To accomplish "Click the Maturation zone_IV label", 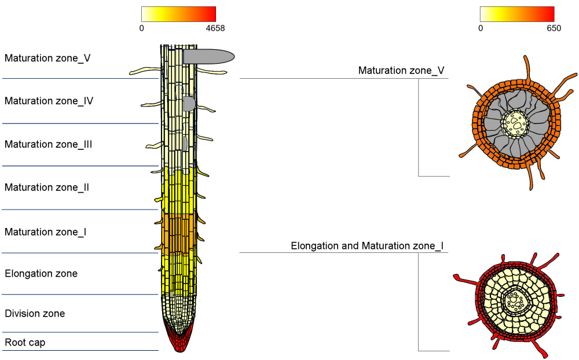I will click(x=49, y=101).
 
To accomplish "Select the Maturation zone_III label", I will click(x=48, y=144).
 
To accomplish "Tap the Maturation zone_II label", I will click(x=46, y=188).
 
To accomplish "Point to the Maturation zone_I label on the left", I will click(x=45, y=232).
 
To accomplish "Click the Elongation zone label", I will click(x=41, y=273).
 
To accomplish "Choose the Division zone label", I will click(x=35, y=314).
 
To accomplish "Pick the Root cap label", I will click(x=25, y=343).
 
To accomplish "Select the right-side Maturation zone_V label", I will click(x=401, y=71).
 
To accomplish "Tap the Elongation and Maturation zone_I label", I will click(x=367, y=246).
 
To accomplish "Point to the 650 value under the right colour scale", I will click(x=554, y=28).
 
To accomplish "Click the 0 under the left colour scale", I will click(x=142, y=28).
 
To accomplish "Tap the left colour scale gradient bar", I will click(x=178, y=14).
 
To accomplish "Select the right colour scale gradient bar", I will click(x=517, y=14).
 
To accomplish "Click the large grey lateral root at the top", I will click(x=208, y=56).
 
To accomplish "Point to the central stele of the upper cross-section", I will click(x=514, y=122).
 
